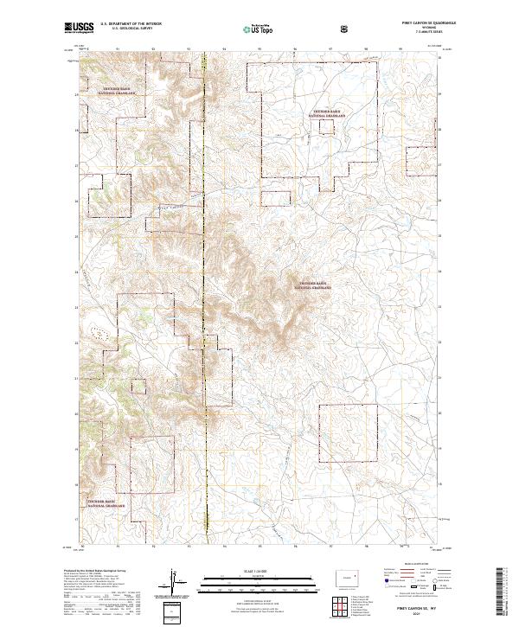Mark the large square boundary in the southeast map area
point(349,435)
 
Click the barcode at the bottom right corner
point(503,597)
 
